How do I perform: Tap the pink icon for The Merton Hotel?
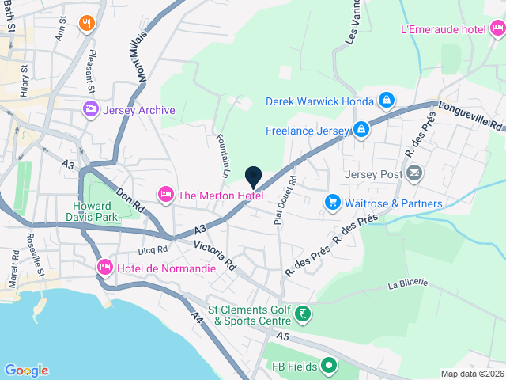coord(166,193)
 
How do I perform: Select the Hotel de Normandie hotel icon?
coord(104,268)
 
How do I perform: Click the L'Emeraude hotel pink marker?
coord(497,30)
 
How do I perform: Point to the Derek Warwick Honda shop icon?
coord(387,101)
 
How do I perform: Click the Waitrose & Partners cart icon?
coord(333,203)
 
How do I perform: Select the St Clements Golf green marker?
coord(301,316)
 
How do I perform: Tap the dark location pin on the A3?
coord(253,177)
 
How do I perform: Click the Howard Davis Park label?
coord(90,210)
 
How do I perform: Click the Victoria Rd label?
coord(215,253)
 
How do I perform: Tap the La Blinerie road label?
coord(407,283)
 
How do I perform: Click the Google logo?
coord(26,370)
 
